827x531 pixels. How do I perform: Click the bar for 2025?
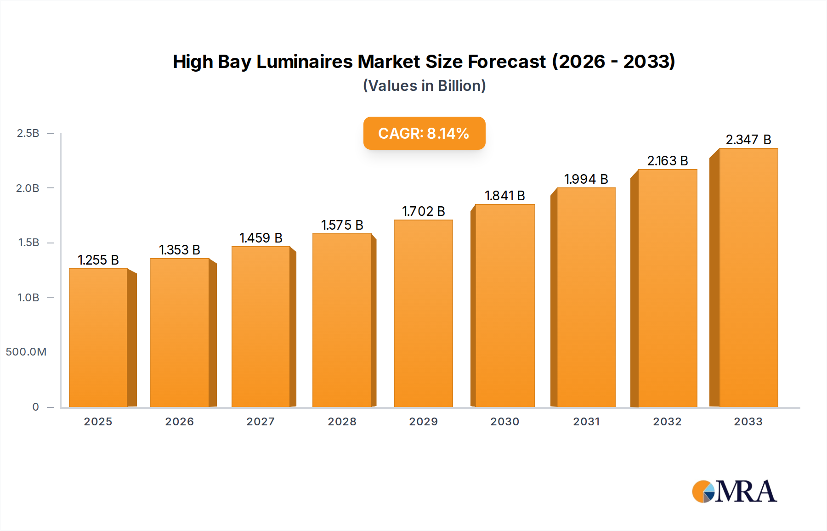coord(98,338)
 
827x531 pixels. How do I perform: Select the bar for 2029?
coord(424,313)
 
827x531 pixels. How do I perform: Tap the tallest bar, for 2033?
coord(748,277)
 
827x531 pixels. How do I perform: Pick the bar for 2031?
coord(586,297)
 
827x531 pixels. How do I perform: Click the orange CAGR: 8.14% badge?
coord(424,133)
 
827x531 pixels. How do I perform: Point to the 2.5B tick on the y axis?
coord(28,133)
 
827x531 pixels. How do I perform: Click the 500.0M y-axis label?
coord(26,352)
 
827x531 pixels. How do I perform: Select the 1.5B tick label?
coord(28,243)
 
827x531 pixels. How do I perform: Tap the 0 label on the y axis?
coord(36,407)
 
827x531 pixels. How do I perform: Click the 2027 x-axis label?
coord(261,422)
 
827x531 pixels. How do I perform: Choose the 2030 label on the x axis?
coord(504,422)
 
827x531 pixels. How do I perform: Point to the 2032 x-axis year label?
coord(667,422)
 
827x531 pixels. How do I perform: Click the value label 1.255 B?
coord(98,260)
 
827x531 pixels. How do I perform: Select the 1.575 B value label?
coord(342,225)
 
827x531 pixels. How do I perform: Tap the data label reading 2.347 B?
coord(748,140)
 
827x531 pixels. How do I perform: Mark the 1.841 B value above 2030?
coord(504,196)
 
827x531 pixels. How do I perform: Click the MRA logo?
coord(734,491)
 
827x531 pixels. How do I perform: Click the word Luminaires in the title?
coord(304,62)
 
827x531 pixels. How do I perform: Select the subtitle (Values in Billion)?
coord(424,86)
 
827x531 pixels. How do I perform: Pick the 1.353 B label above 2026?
coord(180,250)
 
